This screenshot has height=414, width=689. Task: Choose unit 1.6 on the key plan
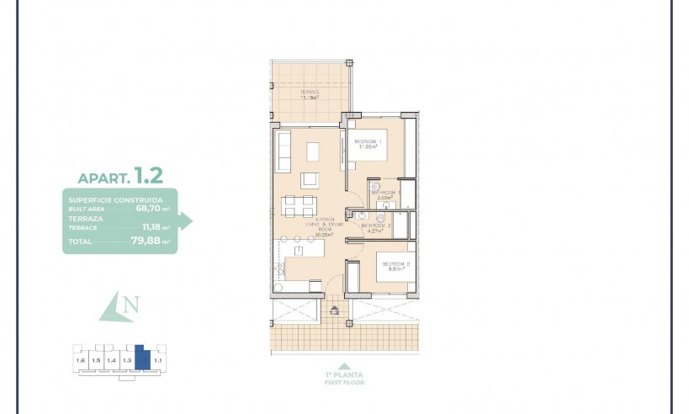tap(80, 361)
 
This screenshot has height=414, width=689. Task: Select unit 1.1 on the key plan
tap(157, 361)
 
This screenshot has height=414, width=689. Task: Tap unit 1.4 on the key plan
tap(111, 361)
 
